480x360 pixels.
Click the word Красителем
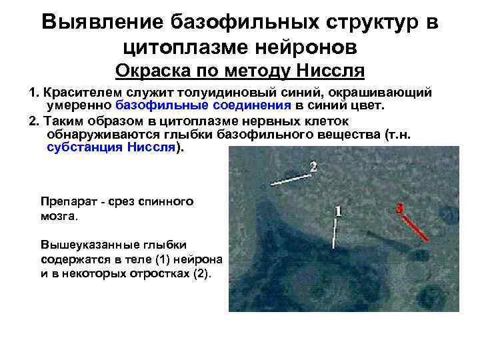(x=80, y=92)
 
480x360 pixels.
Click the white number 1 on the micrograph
(x=339, y=211)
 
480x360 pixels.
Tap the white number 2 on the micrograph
(x=313, y=165)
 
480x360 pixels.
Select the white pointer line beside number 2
(x=288, y=178)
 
